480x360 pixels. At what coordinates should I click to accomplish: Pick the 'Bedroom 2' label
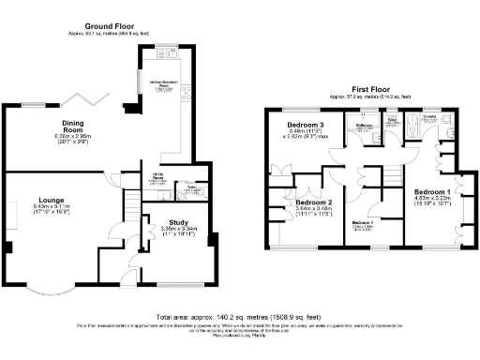(314, 202)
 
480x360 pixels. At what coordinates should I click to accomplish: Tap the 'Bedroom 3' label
(306, 125)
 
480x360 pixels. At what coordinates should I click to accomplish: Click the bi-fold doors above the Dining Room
(94, 99)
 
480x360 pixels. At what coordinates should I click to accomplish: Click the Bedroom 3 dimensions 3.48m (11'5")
(304, 132)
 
